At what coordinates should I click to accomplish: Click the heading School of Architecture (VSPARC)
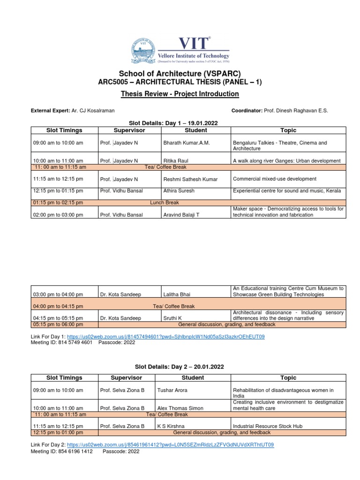point(180,74)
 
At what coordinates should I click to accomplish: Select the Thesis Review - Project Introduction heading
point(180,94)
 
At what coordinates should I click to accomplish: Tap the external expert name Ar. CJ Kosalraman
point(93,111)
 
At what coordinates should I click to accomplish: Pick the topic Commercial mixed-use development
point(274,179)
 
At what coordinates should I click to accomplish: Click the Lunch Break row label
point(164,202)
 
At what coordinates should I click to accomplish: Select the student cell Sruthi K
point(173,318)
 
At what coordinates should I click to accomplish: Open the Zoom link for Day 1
point(166,337)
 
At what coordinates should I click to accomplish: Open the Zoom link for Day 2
point(170,445)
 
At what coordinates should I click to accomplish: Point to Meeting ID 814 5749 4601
point(75,343)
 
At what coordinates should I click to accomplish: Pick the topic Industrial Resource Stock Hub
point(268,426)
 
